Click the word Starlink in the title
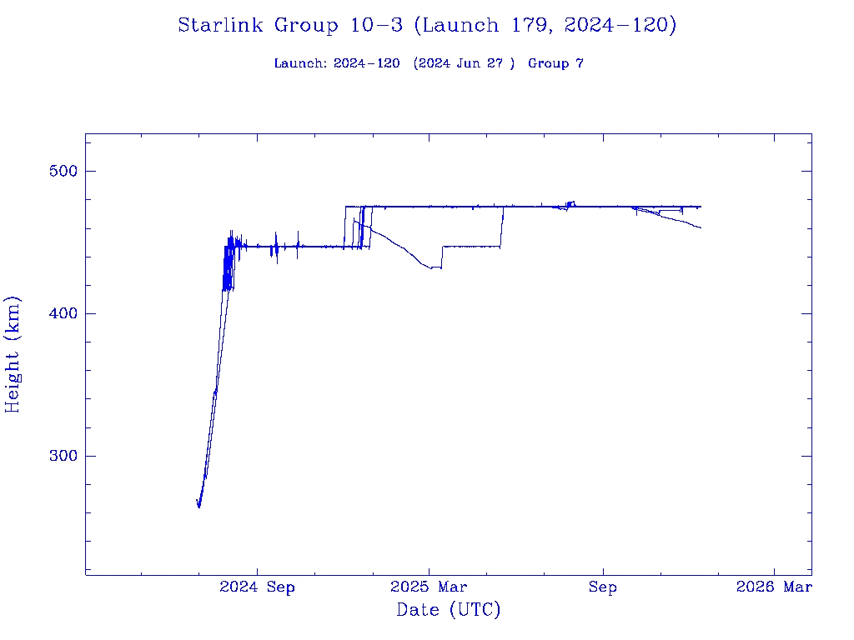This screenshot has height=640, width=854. [x=218, y=26]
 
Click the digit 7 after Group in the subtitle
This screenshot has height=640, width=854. [x=579, y=63]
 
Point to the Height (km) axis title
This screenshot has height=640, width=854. [x=13, y=354]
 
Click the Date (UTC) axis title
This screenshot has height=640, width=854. [x=448, y=610]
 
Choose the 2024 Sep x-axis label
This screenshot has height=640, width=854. [x=257, y=588]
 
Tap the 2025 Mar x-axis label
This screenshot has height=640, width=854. [x=429, y=588]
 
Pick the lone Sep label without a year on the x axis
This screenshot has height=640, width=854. [x=602, y=588]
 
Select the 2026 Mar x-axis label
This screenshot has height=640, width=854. [x=774, y=588]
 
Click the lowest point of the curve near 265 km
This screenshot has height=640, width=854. [x=198, y=506]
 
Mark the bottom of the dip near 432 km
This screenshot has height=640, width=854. [x=431, y=268]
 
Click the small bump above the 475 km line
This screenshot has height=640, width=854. [x=570, y=202]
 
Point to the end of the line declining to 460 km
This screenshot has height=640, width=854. [x=701, y=227]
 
